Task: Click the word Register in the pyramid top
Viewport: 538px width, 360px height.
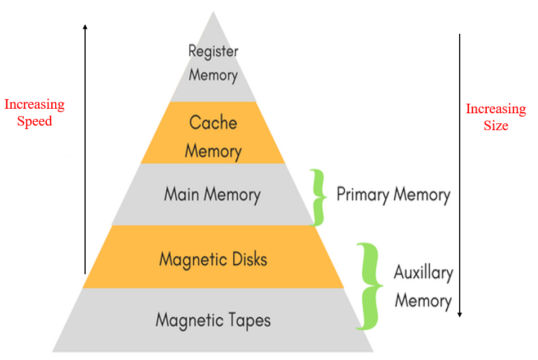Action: (x=213, y=51)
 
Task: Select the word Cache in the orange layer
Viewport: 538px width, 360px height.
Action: (x=213, y=122)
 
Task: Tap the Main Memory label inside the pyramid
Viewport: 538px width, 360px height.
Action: (x=212, y=195)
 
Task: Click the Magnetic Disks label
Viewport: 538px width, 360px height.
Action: (x=213, y=259)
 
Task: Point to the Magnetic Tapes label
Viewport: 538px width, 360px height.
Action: (x=213, y=320)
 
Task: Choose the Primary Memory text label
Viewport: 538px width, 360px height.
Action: (x=393, y=195)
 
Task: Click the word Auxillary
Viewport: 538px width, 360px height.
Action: (x=423, y=273)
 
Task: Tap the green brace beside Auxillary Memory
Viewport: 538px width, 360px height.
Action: (x=368, y=286)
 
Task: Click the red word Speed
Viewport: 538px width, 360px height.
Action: (x=34, y=121)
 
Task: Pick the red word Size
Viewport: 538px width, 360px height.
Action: (x=496, y=126)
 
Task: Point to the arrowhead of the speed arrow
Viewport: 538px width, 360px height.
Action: (x=85, y=26)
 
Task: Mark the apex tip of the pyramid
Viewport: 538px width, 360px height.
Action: (x=213, y=12)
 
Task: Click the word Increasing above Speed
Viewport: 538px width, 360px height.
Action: (x=34, y=105)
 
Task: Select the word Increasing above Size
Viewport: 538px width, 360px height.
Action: (x=496, y=109)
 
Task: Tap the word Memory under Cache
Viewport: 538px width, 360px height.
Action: (x=213, y=151)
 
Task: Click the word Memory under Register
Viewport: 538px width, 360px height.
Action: (x=213, y=75)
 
